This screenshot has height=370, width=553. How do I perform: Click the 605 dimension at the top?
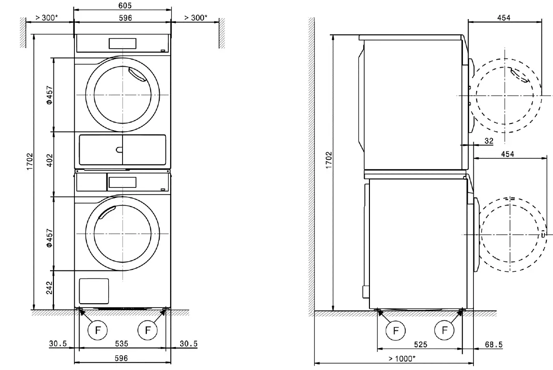tap(123, 5)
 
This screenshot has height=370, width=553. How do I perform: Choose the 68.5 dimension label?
tap(493, 344)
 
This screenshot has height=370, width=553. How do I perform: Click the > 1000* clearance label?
tap(401, 358)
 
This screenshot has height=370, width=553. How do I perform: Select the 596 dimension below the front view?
tap(123, 358)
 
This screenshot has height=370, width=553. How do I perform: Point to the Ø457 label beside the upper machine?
tap(49, 95)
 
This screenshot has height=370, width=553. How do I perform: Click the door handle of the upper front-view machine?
tap(138, 75)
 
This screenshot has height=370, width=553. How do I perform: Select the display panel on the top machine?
tap(123, 43)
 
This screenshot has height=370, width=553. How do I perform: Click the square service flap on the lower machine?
tap(93, 290)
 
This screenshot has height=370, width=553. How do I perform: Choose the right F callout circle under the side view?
tap(445, 330)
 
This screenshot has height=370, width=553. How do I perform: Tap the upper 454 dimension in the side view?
tap(503, 18)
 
